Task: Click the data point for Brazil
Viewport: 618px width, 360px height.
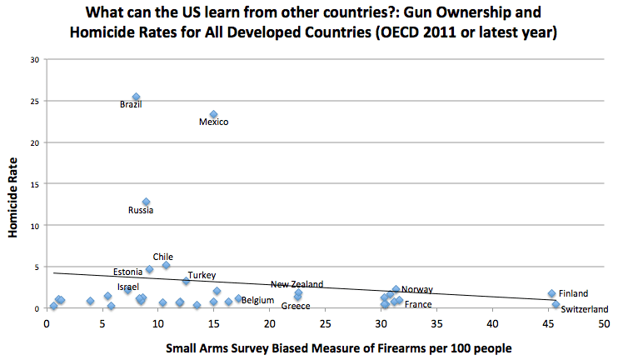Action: coord(137,97)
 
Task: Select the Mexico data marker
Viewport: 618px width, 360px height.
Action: coord(213,114)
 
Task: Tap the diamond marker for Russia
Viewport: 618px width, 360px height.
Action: coord(147,202)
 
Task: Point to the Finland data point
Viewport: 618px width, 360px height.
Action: coord(551,293)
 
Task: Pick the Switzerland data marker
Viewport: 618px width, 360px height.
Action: coord(556,304)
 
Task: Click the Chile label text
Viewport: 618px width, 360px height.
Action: coord(163,257)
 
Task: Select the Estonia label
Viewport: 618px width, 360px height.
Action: coord(127,272)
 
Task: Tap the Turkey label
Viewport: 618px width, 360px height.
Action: coord(202,275)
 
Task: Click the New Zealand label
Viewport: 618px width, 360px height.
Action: coord(297,284)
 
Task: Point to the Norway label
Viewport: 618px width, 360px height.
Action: coord(417,289)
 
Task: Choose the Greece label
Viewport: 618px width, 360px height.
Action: coord(296,306)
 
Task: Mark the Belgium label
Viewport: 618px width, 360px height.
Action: coord(257,300)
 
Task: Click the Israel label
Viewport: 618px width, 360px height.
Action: coord(128,287)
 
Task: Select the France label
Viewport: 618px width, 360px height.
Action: coord(418,304)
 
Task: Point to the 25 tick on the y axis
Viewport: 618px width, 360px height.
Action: coord(33,101)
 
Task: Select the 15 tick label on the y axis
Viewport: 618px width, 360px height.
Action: coord(33,183)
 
